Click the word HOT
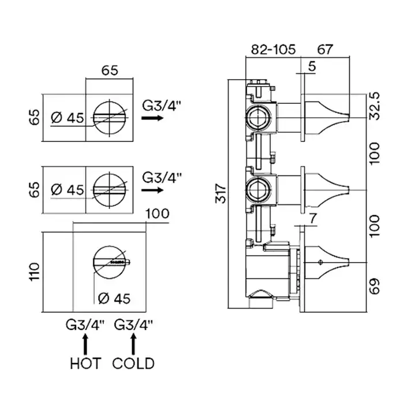click(85, 363)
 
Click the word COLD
click(133, 363)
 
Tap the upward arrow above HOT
click(86, 345)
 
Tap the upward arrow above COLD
click(134, 345)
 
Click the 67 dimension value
click(326, 50)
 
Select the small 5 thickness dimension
click(312, 67)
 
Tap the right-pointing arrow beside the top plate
click(152, 117)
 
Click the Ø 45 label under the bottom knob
click(114, 298)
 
